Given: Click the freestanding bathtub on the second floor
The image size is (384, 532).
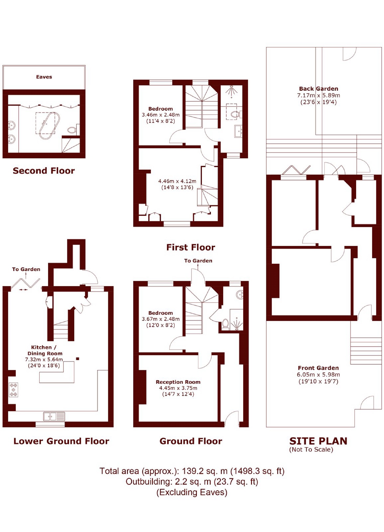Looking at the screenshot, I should click(x=49, y=126).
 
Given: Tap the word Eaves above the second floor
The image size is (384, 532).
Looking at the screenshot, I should click(x=44, y=77).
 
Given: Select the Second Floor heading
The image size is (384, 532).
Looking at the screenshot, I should click(x=44, y=171).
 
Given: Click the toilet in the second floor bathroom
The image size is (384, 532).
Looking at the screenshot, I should click(x=72, y=130).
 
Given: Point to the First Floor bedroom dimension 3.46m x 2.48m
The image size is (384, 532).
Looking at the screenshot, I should click(x=160, y=115).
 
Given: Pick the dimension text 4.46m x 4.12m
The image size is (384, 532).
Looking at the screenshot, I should click(x=177, y=181).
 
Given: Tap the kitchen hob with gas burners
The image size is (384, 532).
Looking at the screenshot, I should click(x=13, y=390).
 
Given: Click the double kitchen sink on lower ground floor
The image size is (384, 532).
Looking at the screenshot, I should click(x=54, y=416).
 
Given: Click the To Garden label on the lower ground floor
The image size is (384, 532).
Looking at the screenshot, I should click(x=26, y=269).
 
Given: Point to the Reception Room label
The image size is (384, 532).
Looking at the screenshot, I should click(x=178, y=382).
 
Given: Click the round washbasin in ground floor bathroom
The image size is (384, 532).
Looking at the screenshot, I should click(x=240, y=294).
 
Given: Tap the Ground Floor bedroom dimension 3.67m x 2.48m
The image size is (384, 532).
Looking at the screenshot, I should click(x=160, y=319).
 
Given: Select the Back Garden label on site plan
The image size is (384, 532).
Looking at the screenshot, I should click(x=318, y=89).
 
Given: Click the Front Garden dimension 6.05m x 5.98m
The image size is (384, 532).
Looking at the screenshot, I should click(x=318, y=375).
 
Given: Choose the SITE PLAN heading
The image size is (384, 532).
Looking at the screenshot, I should click(x=318, y=441).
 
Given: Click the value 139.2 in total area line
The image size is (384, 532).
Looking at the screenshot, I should click(x=193, y=471).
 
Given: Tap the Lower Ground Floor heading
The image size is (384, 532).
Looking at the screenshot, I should click(x=61, y=441).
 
